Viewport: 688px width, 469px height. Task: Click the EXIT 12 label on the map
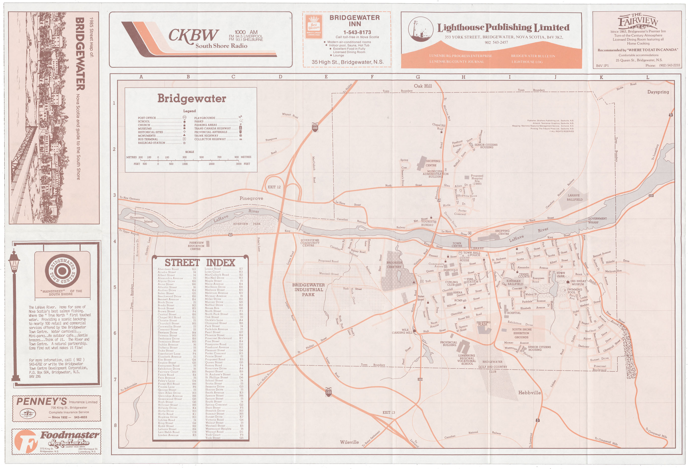tap(274, 187)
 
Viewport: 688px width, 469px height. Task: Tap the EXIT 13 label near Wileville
tap(388, 412)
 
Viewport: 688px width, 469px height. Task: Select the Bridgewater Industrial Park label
tap(308, 290)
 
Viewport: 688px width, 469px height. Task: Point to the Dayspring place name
tap(658, 92)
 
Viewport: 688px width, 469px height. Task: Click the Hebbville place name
tap(529, 393)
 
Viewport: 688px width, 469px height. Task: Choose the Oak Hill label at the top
tap(422, 86)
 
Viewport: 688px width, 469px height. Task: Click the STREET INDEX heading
tap(199, 263)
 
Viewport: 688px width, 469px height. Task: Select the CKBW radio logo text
tap(194, 36)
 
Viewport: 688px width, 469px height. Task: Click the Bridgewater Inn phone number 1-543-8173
tap(357, 32)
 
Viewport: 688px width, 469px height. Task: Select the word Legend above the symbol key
tap(189, 111)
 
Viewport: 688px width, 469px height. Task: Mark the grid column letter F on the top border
tap(372, 77)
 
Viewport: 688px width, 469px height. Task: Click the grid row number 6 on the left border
tap(114, 333)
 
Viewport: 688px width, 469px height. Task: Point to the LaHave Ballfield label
tap(574, 198)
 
